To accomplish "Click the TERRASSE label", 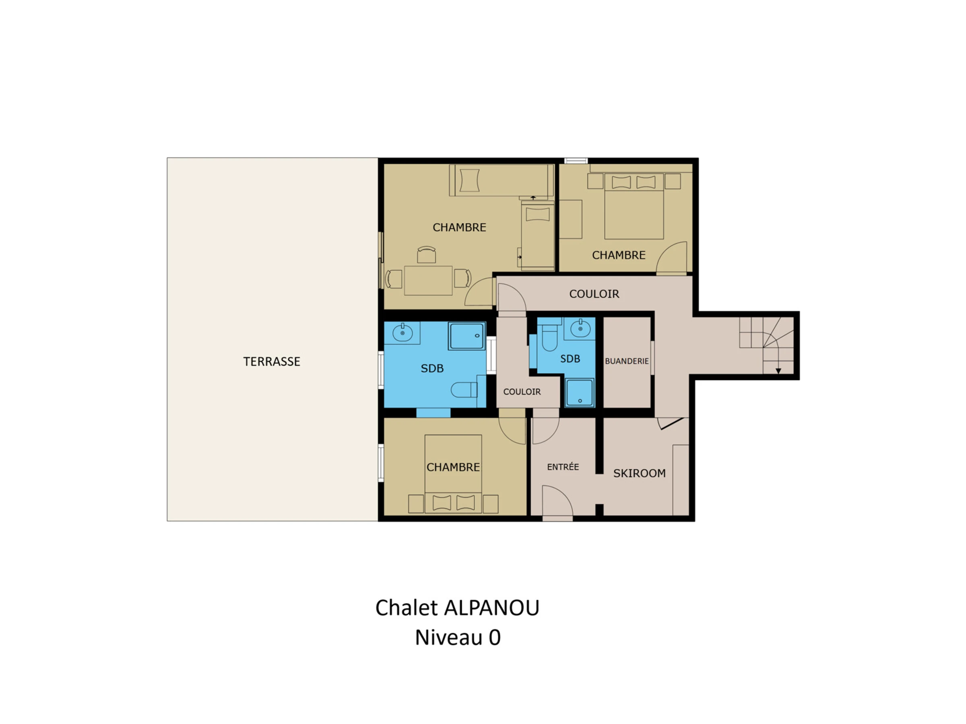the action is [x=272, y=361].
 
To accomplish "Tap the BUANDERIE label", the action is [x=627, y=361].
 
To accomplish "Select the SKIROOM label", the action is [x=639, y=473].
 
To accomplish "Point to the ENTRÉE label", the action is [x=563, y=467].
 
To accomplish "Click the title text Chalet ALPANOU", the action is [x=457, y=607].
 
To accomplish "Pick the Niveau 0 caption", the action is [x=457, y=638].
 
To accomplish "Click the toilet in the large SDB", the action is [x=464, y=389].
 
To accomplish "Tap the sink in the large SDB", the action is [x=402, y=333].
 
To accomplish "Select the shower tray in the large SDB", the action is [x=467, y=335].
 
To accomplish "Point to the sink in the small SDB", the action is [x=580, y=328].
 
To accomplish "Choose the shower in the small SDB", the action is [x=580, y=392].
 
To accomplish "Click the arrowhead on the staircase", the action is [x=778, y=371].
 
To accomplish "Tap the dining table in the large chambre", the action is [x=428, y=280].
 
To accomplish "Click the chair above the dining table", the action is [x=426, y=255].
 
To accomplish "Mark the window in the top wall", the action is [x=576, y=160].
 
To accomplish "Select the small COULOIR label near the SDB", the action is [x=522, y=391].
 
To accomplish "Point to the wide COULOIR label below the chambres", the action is [x=594, y=294].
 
